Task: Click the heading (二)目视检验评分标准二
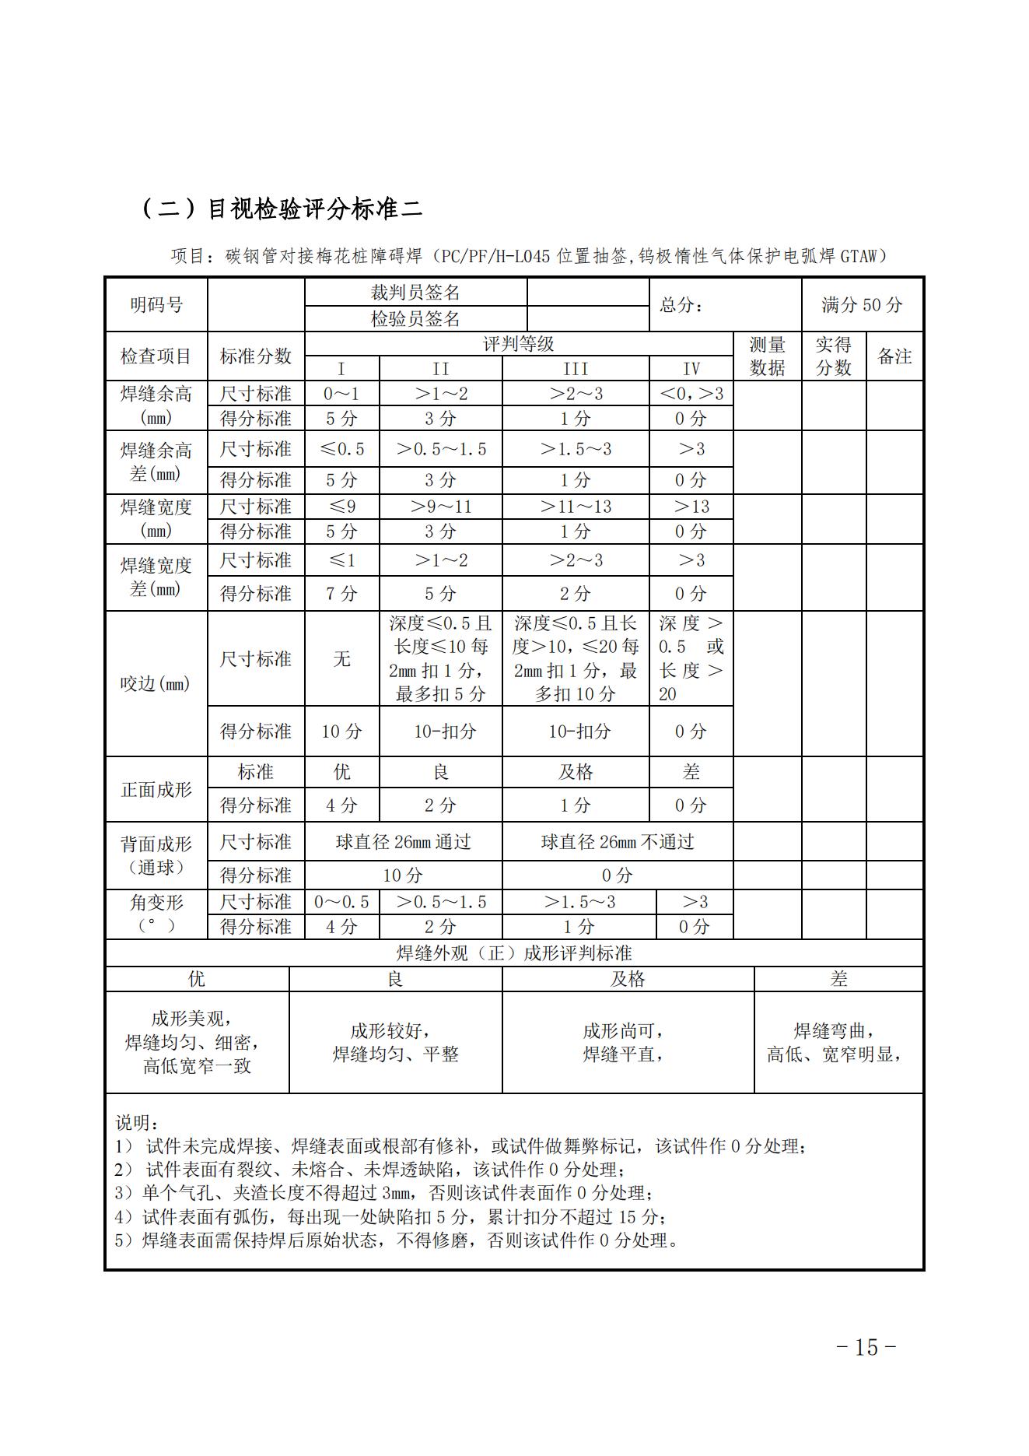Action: (282, 209)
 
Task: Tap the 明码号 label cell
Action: (156, 305)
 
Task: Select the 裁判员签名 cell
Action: (415, 293)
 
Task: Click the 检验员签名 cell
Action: (415, 319)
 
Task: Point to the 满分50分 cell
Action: (862, 305)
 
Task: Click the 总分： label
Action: (681, 305)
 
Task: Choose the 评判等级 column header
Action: (518, 344)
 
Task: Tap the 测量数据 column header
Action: (767, 356)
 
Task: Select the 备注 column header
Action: (894, 356)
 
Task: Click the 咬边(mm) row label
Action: (156, 684)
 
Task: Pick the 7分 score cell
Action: (341, 594)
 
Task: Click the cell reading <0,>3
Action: (691, 394)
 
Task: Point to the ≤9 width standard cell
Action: (341, 507)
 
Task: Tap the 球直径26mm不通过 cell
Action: (618, 842)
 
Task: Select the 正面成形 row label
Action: (156, 789)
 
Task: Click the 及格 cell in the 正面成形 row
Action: (576, 772)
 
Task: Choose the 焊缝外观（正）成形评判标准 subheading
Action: (514, 953)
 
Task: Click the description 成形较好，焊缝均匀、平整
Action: (395, 1043)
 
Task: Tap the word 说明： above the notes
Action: (138, 1124)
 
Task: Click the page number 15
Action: (866, 1347)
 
